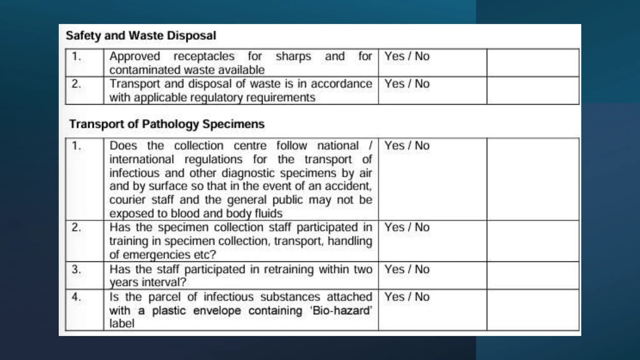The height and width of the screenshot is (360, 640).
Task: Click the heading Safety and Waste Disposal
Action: [141, 36]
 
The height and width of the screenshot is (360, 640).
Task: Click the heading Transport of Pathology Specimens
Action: [167, 124]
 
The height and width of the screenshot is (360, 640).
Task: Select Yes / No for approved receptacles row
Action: [407, 57]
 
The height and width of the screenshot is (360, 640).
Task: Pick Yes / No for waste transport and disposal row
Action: [407, 84]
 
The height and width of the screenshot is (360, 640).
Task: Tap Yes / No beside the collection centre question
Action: [407, 146]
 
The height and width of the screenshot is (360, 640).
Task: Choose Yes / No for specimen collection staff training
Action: [407, 227]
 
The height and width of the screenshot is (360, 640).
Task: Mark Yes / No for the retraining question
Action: [407, 269]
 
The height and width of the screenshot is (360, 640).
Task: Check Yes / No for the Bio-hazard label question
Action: [407, 297]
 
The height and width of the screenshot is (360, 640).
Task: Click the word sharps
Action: [293, 57]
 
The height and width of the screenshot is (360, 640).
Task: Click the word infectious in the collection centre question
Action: [134, 173]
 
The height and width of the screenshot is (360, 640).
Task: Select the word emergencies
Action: [157, 255]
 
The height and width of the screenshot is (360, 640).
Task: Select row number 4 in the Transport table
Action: [76, 297]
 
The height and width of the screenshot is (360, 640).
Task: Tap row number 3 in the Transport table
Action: [76, 269]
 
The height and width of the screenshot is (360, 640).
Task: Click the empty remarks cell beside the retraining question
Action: [532, 276]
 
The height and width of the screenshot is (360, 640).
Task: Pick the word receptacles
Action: [204, 57]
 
